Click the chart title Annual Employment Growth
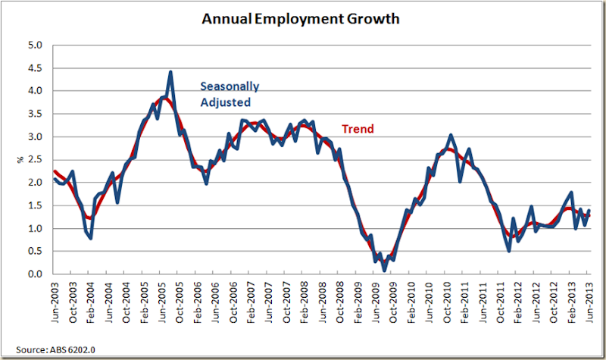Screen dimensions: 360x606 (x=302, y=17)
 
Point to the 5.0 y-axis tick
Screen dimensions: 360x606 (x=35, y=45)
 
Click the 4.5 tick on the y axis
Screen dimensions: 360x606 (x=35, y=68)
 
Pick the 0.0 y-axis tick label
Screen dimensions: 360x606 (x=35, y=274)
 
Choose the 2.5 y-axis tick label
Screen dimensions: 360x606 (x=35, y=160)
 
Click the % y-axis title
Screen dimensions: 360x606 (x=19, y=160)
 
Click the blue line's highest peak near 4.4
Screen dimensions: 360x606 (x=170, y=72)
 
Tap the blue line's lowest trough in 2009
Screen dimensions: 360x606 (x=384, y=270)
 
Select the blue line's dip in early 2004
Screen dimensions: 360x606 (x=91, y=238)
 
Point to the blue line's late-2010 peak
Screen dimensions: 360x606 (x=451, y=135)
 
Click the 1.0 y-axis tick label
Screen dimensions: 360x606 (x=35, y=229)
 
